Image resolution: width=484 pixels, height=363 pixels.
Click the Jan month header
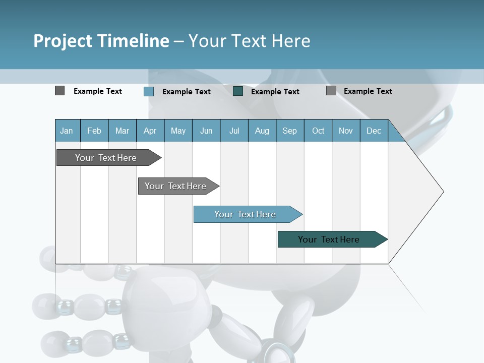click(67, 131)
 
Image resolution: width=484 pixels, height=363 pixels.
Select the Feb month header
click(94, 131)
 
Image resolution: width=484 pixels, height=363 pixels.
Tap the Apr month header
click(150, 131)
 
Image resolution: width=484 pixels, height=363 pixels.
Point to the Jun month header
click(206, 131)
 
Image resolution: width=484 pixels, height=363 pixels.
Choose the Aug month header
click(262, 131)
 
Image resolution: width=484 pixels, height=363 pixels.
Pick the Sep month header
click(290, 131)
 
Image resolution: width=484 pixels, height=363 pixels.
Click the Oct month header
click(318, 131)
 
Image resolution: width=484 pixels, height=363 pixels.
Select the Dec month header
click(374, 131)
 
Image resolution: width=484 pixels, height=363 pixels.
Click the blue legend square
click(149, 91)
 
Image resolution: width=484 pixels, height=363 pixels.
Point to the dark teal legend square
click(238, 91)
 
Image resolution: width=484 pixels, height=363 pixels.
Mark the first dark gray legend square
click(60, 91)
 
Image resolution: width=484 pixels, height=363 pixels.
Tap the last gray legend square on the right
click(331, 91)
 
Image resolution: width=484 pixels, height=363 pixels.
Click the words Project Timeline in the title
click(101, 41)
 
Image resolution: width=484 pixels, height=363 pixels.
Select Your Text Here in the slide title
click(249, 41)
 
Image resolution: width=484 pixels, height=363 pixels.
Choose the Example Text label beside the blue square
click(187, 92)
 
